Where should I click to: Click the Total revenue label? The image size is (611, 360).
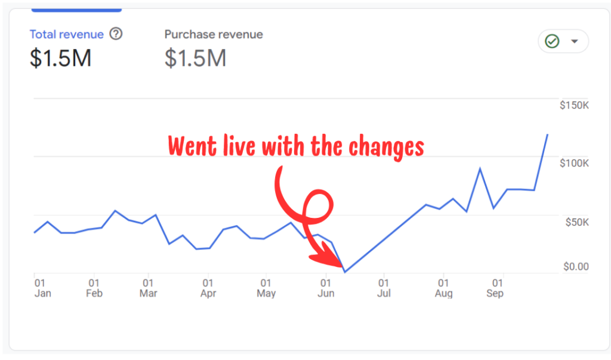(x=66, y=35)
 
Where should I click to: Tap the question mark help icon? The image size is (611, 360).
(x=116, y=34)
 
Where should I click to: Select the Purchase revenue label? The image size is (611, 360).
(x=214, y=35)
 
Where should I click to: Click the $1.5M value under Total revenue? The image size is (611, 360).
(x=60, y=58)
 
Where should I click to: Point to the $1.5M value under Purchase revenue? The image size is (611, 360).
(x=195, y=58)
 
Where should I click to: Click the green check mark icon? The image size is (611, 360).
(x=552, y=42)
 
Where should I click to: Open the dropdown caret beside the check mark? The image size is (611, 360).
(x=575, y=42)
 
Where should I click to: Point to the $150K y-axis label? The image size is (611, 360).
(x=574, y=105)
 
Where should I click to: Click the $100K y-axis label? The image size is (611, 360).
(x=574, y=164)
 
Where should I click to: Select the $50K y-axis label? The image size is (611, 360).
(x=576, y=223)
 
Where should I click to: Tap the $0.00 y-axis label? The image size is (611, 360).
(x=576, y=266)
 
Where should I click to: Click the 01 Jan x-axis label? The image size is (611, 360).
(x=42, y=288)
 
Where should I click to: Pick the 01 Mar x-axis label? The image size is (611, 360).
(x=148, y=288)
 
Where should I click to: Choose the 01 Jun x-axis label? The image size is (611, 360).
(x=326, y=288)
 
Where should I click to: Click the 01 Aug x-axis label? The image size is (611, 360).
(x=443, y=288)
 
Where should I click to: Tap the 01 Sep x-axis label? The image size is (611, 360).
(x=495, y=288)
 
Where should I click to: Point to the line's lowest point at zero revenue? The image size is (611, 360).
(x=345, y=272)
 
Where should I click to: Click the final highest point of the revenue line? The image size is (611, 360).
(x=548, y=135)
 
